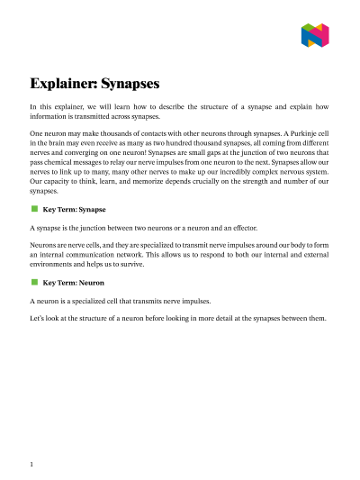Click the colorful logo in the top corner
(x=314, y=36)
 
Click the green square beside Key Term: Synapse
(x=34, y=208)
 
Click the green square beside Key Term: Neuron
(x=34, y=282)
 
